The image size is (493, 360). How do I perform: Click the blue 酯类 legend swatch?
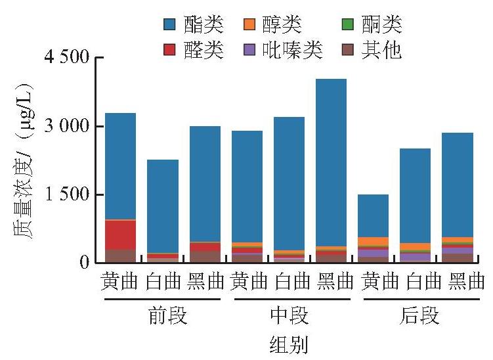click(169, 24)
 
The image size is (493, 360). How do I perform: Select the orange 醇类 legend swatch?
click(249, 24)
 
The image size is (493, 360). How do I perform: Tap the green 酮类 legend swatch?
click(348, 24)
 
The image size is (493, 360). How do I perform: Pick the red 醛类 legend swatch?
click(169, 50)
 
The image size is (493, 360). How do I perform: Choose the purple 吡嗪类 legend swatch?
click(249, 50)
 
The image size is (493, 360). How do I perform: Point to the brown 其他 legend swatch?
click(348, 50)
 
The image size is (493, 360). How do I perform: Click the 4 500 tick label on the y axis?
click(67, 57)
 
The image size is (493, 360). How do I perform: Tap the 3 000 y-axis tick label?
click(67, 125)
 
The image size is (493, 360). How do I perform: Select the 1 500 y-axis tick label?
click(67, 194)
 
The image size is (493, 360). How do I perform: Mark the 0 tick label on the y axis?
click(84, 262)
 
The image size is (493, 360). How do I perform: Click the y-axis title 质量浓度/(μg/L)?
click(23, 160)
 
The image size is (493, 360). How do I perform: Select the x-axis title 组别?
click(289, 345)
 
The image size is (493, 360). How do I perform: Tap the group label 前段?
click(168, 315)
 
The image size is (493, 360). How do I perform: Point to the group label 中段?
click(289, 315)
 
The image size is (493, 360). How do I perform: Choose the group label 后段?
click(419, 315)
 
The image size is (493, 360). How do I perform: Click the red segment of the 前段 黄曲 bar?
click(120, 235)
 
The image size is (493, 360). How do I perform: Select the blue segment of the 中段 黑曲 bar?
click(331, 163)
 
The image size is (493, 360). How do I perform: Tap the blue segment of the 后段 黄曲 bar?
click(374, 216)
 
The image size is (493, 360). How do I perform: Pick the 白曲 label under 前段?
click(163, 281)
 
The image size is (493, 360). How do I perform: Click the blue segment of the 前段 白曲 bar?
click(163, 206)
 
